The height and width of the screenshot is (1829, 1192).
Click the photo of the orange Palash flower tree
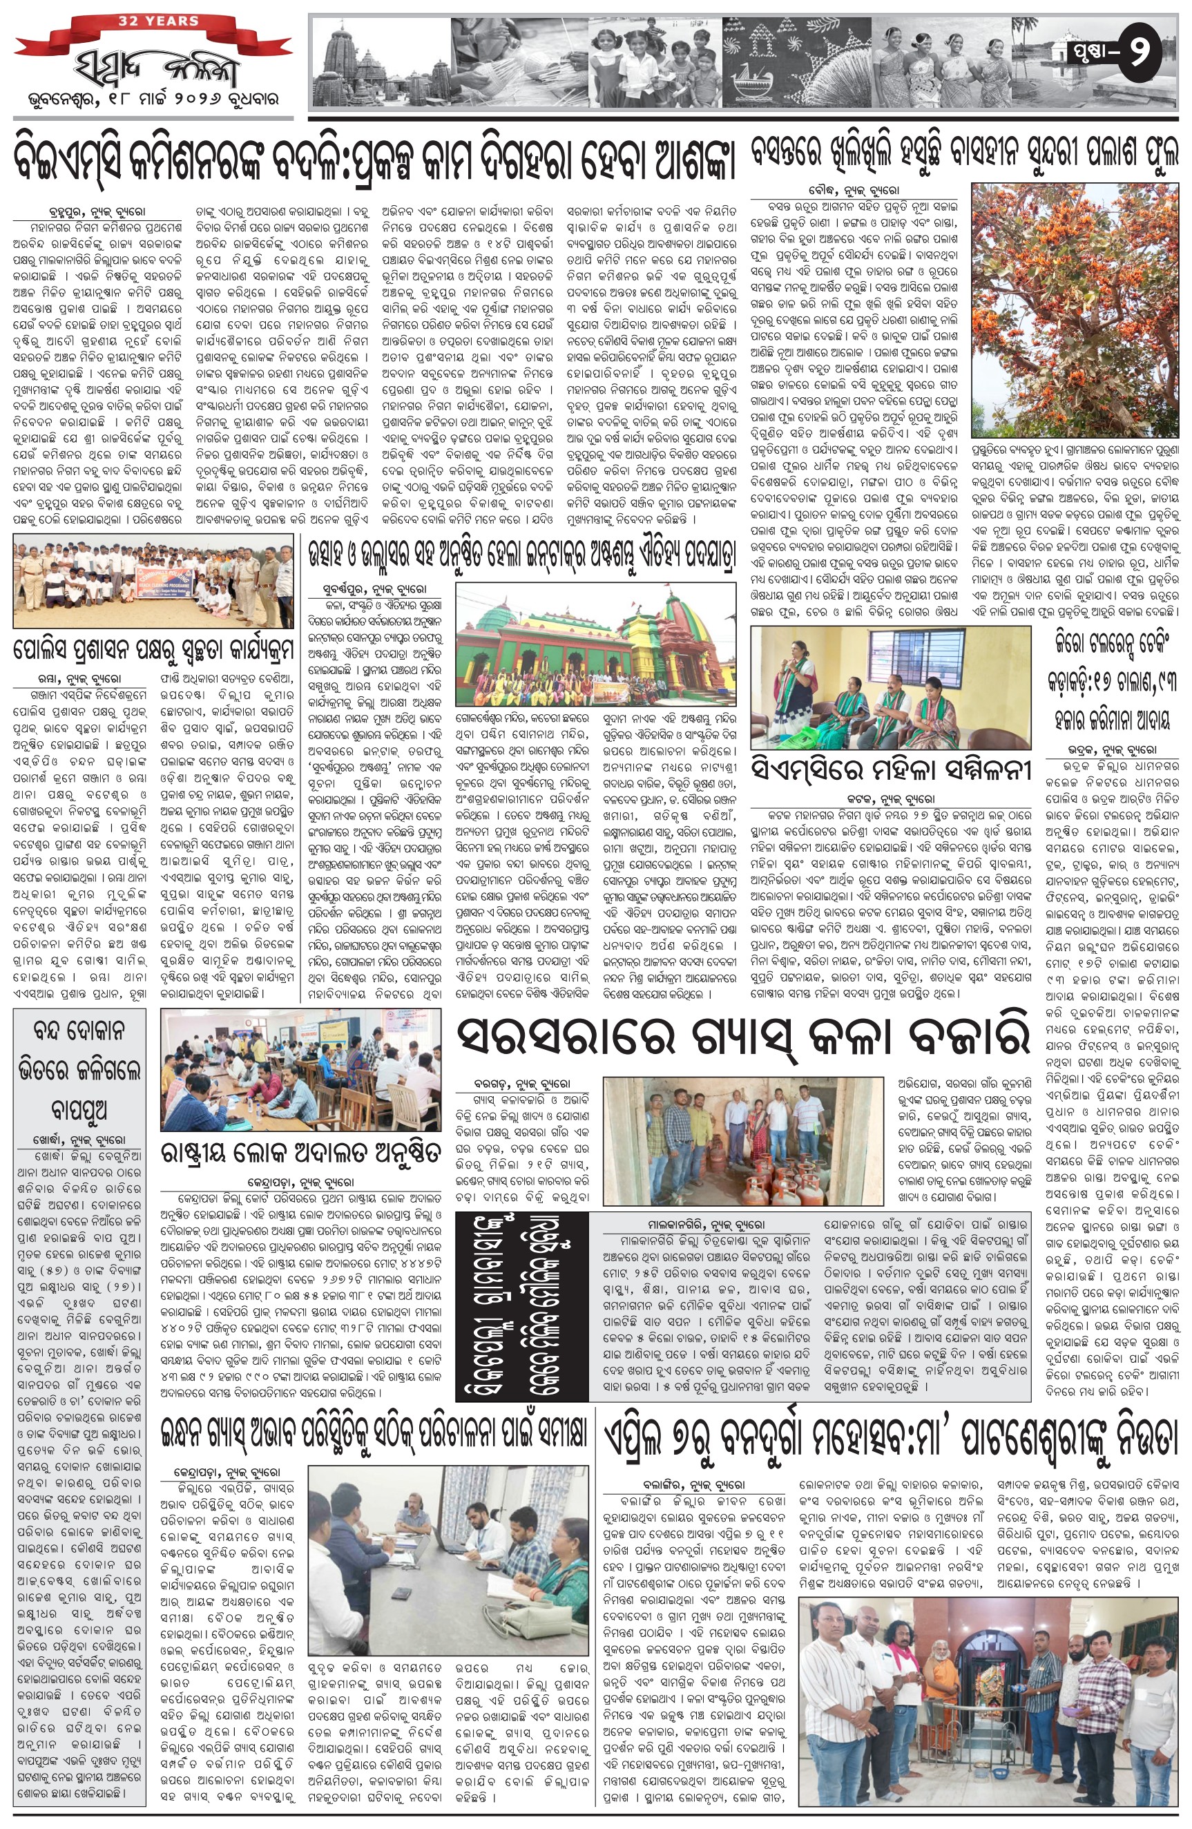1075,309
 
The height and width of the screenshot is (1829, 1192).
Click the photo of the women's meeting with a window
890,688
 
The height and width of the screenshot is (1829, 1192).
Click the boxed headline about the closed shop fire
80,1069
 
